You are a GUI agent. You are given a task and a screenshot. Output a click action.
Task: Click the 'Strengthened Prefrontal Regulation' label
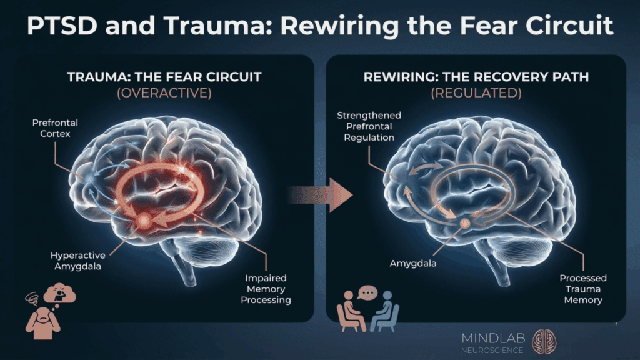[369, 126]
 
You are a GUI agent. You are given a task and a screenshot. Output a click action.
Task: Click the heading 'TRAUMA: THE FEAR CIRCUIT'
[164, 77]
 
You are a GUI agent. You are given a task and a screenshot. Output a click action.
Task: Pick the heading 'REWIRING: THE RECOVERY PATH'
[476, 77]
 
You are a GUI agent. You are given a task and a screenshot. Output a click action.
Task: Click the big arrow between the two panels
[337, 194]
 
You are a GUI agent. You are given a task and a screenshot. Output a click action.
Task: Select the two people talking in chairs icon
[367, 311]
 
